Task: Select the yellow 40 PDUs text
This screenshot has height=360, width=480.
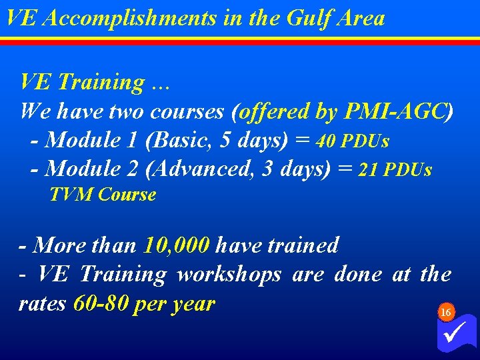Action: (x=353, y=141)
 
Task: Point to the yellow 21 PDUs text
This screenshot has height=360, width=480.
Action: (x=395, y=170)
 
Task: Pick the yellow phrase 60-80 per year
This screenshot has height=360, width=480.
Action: (x=144, y=304)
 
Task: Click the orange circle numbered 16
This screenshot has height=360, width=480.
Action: (x=446, y=312)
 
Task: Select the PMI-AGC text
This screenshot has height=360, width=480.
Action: (x=395, y=112)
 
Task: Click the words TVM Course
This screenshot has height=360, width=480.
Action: (x=103, y=195)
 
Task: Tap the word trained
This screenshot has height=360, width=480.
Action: (x=303, y=245)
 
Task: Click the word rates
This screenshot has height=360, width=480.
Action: (x=42, y=304)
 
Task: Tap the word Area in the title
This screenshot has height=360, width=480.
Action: (x=362, y=18)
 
